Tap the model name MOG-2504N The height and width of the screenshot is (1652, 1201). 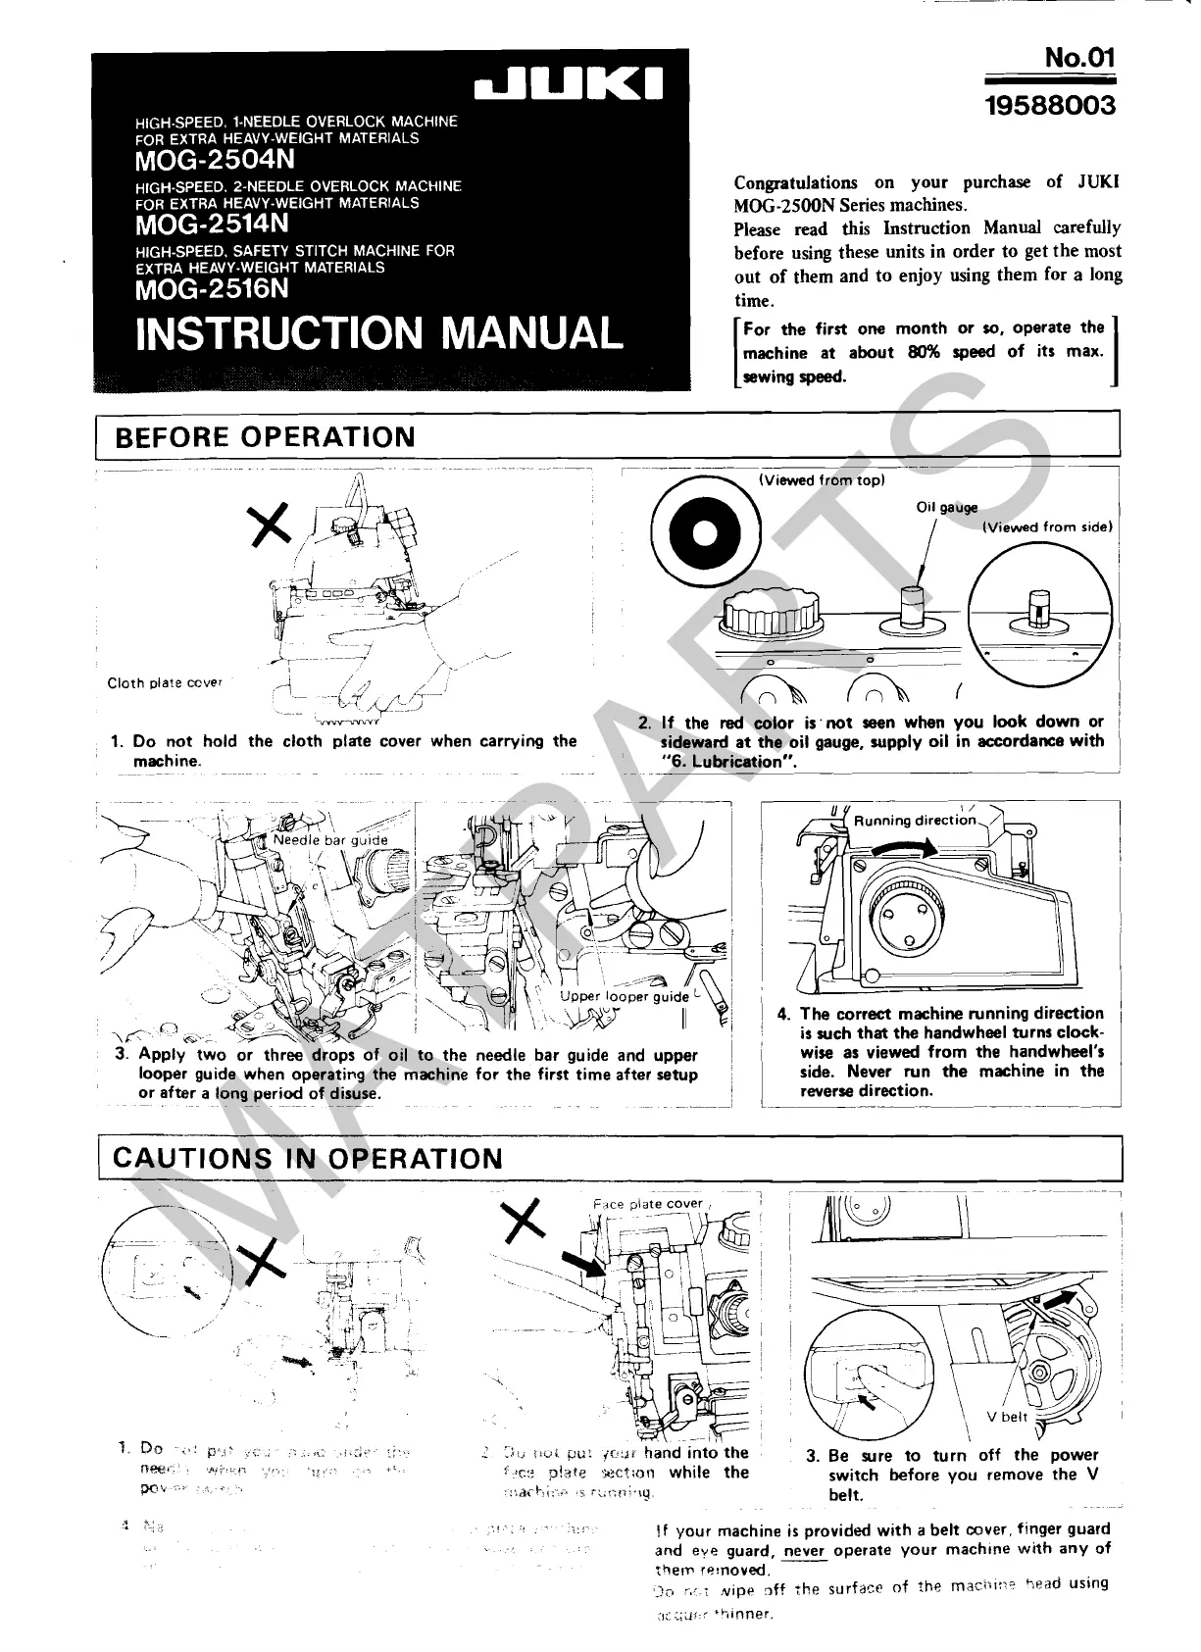215,159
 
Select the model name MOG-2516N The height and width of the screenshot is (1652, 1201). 213,288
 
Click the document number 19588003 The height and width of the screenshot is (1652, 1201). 1051,105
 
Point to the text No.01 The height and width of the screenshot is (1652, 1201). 1079,58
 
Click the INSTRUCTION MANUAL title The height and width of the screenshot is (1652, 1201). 378,333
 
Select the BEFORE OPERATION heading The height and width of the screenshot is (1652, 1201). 265,437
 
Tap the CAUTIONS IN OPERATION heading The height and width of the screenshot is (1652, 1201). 308,1158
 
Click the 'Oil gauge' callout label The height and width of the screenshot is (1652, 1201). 947,508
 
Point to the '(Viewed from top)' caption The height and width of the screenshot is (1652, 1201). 822,480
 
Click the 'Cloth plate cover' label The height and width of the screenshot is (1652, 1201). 165,682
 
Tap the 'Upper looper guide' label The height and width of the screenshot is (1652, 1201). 625,997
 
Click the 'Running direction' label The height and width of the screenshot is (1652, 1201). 915,821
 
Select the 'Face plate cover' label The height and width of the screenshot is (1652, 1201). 647,1204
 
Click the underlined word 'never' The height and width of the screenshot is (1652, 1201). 805,1550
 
